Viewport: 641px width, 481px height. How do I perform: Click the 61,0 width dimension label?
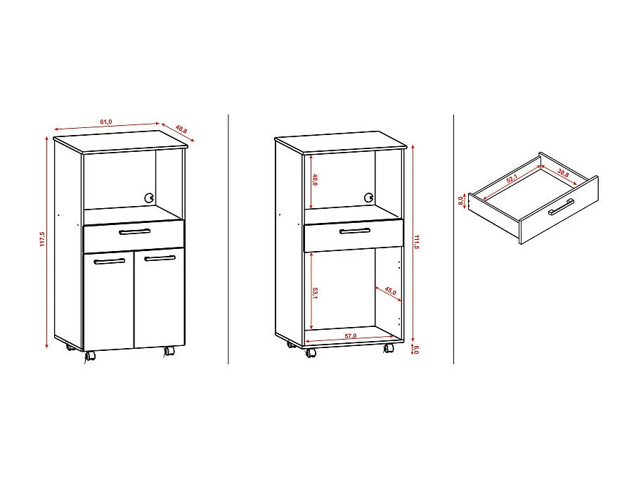click(x=106, y=122)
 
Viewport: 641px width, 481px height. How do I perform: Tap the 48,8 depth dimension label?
click(x=181, y=129)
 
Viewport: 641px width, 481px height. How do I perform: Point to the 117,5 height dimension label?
click(x=42, y=239)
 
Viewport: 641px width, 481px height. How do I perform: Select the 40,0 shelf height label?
click(x=315, y=180)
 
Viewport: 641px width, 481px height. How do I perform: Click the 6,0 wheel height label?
click(x=416, y=349)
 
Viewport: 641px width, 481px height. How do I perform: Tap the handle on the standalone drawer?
click(x=561, y=207)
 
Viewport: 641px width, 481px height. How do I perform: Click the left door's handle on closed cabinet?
click(x=109, y=261)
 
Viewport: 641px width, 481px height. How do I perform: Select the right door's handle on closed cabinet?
click(x=160, y=259)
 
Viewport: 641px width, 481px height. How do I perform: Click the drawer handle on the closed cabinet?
click(x=134, y=231)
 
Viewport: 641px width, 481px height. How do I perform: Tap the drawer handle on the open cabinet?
click(x=355, y=231)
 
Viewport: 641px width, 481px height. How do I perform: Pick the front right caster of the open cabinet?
click(x=389, y=349)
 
